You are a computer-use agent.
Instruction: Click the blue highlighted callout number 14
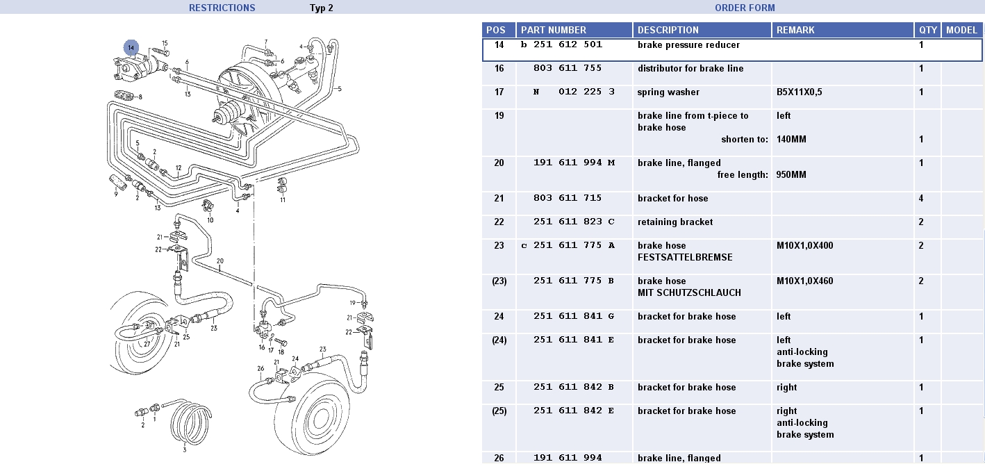[x=131, y=48]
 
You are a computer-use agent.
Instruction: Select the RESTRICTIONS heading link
[x=222, y=8]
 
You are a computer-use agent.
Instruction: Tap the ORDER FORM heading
[x=745, y=8]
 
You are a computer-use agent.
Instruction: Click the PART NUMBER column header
[x=554, y=30]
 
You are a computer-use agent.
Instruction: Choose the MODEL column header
[x=961, y=30]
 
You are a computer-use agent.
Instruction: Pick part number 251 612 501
[x=568, y=44]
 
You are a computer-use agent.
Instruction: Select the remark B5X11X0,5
[x=799, y=92]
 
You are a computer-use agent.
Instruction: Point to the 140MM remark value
[x=791, y=140]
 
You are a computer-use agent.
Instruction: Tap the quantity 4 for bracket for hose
[x=921, y=199]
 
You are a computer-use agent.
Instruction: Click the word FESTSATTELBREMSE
[x=685, y=258]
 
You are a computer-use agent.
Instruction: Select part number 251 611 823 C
[x=574, y=222]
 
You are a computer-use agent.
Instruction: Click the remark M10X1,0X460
[x=804, y=281]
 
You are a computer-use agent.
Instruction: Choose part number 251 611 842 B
[x=574, y=388]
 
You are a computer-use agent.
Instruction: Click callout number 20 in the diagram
[x=220, y=262]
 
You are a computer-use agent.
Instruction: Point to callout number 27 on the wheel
[x=147, y=343]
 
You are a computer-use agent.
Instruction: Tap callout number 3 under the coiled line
[x=185, y=449]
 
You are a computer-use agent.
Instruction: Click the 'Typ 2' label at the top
[x=322, y=8]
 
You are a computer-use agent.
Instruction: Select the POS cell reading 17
[x=499, y=92]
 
